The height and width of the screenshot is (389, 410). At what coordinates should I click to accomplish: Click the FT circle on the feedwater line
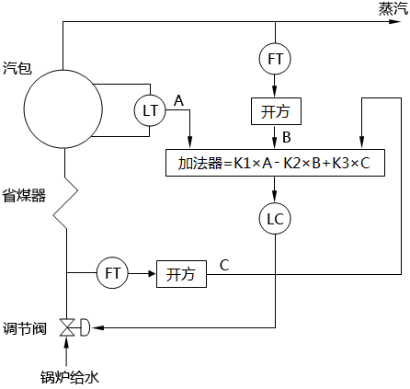pos(112,273)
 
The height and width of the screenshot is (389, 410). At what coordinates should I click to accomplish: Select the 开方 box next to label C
pos(180,273)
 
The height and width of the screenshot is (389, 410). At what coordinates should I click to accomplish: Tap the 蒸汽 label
pos(393,8)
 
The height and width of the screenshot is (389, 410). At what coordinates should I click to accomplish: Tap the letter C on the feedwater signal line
pos(224,265)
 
